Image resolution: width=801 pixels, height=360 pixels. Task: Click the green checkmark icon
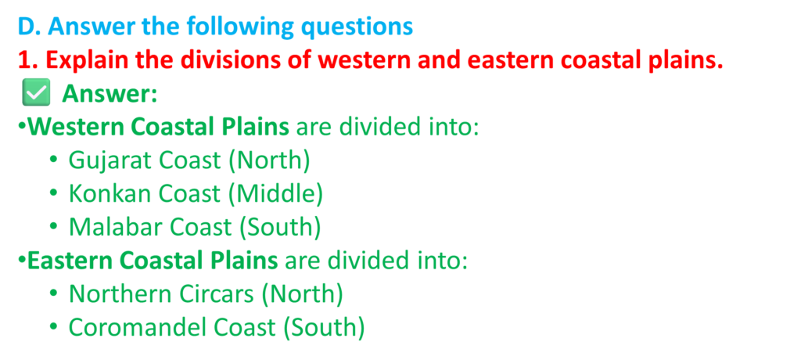pyautogui.click(x=36, y=93)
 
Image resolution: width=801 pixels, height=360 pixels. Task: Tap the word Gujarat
pyautogui.click(x=109, y=160)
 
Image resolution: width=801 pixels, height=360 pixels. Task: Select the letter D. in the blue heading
pyautogui.click(x=29, y=27)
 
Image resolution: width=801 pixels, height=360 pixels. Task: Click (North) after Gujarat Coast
pyautogui.click(x=269, y=161)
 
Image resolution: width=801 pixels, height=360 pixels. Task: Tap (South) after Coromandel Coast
pyautogui.click(x=324, y=328)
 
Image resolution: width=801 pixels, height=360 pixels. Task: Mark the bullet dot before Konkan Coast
pyautogui.click(x=53, y=194)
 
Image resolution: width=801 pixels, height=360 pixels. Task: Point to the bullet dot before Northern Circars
pyautogui.click(x=53, y=294)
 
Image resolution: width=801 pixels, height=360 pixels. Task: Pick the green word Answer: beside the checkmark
pyautogui.click(x=110, y=94)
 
